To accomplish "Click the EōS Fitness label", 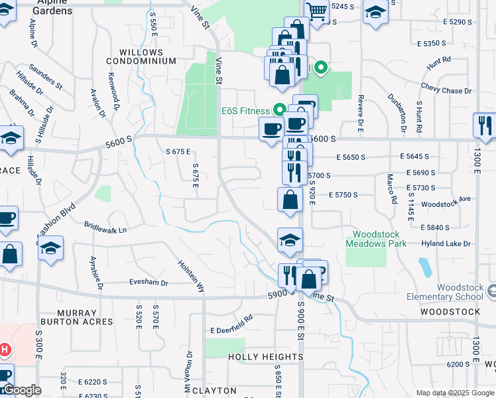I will click(245, 111).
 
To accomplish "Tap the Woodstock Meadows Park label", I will click(375, 239).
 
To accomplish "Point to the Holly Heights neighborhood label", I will click(265, 356).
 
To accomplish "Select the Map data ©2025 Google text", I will click(454, 393).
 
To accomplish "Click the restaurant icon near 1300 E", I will click(485, 125).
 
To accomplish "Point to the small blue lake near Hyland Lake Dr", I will click(424, 267).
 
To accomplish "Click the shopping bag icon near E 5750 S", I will click(289, 199).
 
